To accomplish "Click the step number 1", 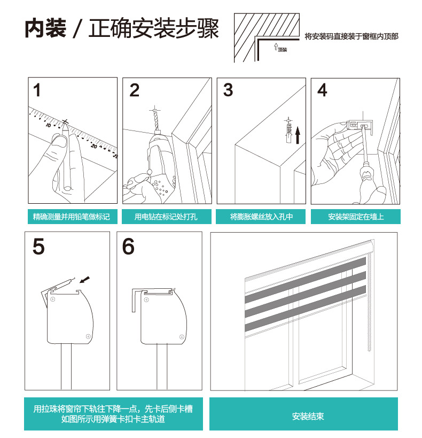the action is [x=37, y=90].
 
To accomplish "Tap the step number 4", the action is [x=322, y=90].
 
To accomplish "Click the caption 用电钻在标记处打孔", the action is [x=166, y=217].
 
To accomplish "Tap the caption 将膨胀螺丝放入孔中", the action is [x=261, y=217].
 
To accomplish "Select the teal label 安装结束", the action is [x=308, y=417].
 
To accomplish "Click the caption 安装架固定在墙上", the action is [x=356, y=217].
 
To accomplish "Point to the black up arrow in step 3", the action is [x=298, y=135].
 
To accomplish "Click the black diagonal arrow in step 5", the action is [x=85, y=279].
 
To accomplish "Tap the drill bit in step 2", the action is [x=156, y=120].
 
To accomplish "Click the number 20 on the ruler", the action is [x=94, y=146].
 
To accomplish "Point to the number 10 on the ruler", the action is [x=48, y=125].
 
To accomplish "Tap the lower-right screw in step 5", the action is [x=88, y=336].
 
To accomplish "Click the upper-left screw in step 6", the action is [x=146, y=300].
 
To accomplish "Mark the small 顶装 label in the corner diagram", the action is [x=283, y=50].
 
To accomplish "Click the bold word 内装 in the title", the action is [x=45, y=28].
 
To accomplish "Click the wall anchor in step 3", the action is [x=289, y=131].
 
